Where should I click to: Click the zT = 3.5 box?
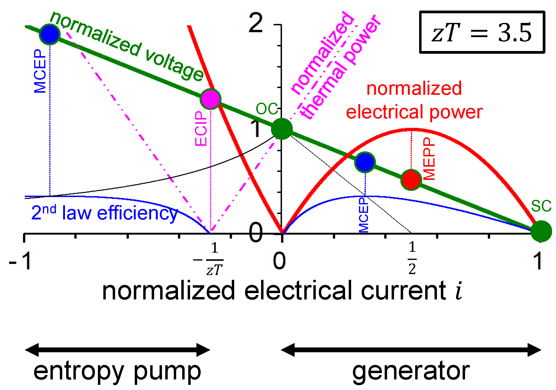pos(482,32)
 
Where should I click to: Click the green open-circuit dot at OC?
pos(282,129)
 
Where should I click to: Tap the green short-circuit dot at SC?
pos(541,231)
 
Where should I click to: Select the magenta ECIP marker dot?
pos(210,99)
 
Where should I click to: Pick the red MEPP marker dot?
pos(411,180)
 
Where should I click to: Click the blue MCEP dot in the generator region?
pos(365,162)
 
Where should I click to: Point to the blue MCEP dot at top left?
pos(50,34)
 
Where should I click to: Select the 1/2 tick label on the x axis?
pos(412,258)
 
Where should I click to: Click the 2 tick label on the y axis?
pos(256,23)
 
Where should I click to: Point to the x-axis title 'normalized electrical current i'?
pos(282,291)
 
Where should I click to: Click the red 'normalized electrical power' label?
pos(414,100)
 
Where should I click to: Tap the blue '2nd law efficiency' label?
pos(104,213)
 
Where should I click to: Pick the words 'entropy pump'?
pos(117,371)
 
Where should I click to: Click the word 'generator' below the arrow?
pos(411,371)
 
